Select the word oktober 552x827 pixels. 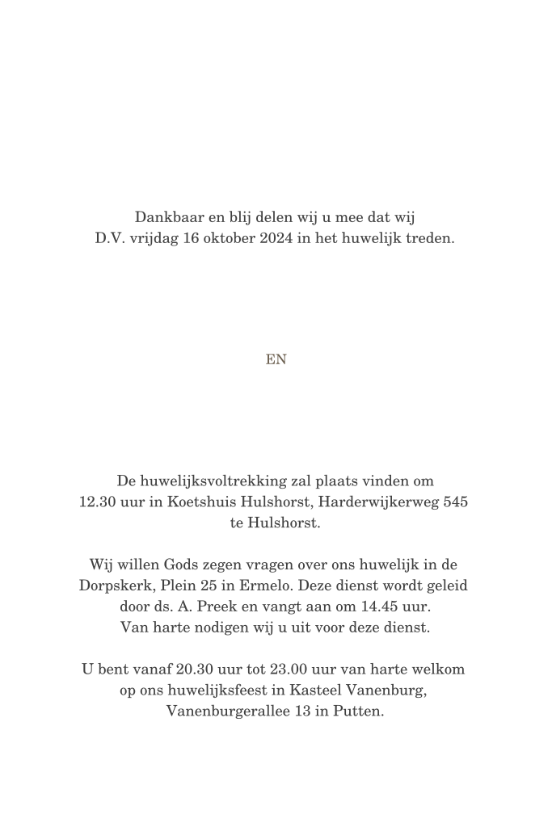(x=208, y=239)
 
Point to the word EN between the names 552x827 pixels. (x=276, y=360)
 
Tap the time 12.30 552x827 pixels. (x=97, y=502)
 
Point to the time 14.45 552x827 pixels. (x=372, y=606)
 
